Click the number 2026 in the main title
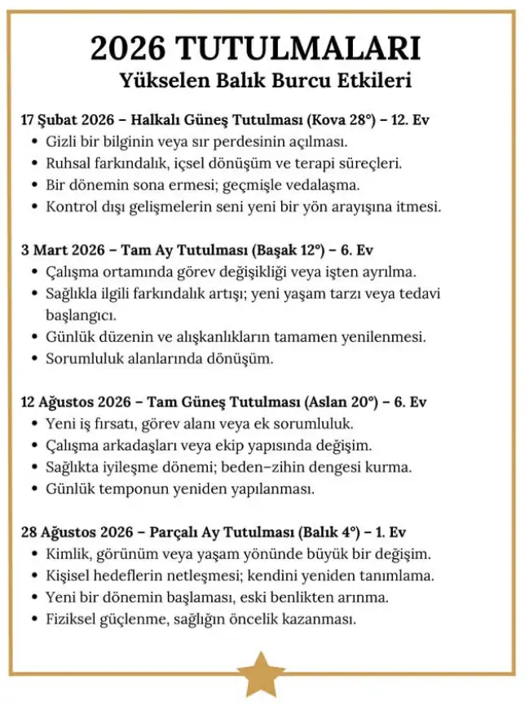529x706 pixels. tap(130, 50)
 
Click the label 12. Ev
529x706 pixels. tap(409, 120)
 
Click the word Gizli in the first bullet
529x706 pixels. tap(63, 141)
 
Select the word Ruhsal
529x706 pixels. tap(69, 162)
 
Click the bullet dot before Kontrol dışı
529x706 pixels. tap(35, 206)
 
